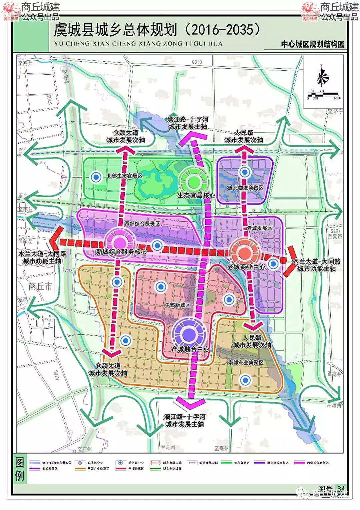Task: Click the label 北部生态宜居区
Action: [x=124, y=176]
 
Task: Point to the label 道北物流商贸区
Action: [x=245, y=188]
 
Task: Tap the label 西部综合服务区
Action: [x=142, y=224]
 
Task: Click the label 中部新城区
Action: [x=177, y=305]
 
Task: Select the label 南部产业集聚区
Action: [x=246, y=362]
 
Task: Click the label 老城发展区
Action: [x=260, y=228]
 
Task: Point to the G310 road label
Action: [x=197, y=62]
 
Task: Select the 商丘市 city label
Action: [x=40, y=286]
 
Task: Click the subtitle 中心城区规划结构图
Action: [x=312, y=44]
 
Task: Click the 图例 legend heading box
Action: [x=19, y=469]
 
